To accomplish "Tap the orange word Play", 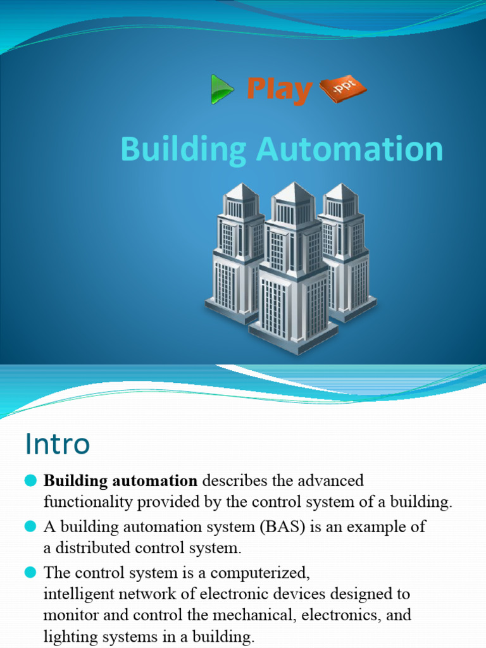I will pyautogui.click(x=279, y=89).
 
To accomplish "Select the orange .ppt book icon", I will pyautogui.click(x=342, y=90).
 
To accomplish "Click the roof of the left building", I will pyautogui.click(x=241, y=192).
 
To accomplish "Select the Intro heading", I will pyautogui.click(x=58, y=444).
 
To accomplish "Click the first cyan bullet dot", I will pyautogui.click(x=31, y=482).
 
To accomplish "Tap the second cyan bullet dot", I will pyautogui.click(x=31, y=526).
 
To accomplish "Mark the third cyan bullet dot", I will pyautogui.click(x=31, y=573).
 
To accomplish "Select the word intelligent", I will pyautogui.click(x=78, y=595).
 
